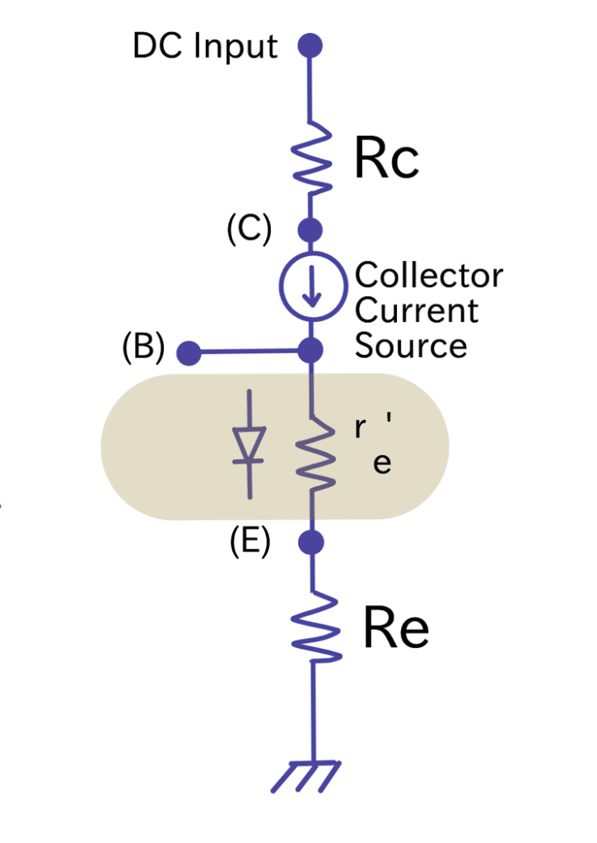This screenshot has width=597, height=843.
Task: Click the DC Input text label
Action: click(205, 46)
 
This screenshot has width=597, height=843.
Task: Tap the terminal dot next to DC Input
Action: click(310, 45)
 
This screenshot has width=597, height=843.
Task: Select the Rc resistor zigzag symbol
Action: click(311, 159)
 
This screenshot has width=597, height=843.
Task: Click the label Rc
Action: click(386, 161)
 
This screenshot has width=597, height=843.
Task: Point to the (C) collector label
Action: click(250, 230)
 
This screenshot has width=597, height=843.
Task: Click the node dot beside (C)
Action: click(310, 229)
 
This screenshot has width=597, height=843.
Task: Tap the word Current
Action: click(417, 310)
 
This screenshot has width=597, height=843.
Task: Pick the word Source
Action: click(411, 346)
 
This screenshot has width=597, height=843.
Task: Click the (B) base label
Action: click(144, 348)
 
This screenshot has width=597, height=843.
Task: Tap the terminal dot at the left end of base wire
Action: click(189, 353)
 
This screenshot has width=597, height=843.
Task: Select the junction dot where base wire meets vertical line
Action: click(310, 351)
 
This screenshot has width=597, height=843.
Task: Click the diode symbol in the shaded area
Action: click(249, 445)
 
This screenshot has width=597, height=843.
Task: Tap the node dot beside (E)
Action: click(310, 543)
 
